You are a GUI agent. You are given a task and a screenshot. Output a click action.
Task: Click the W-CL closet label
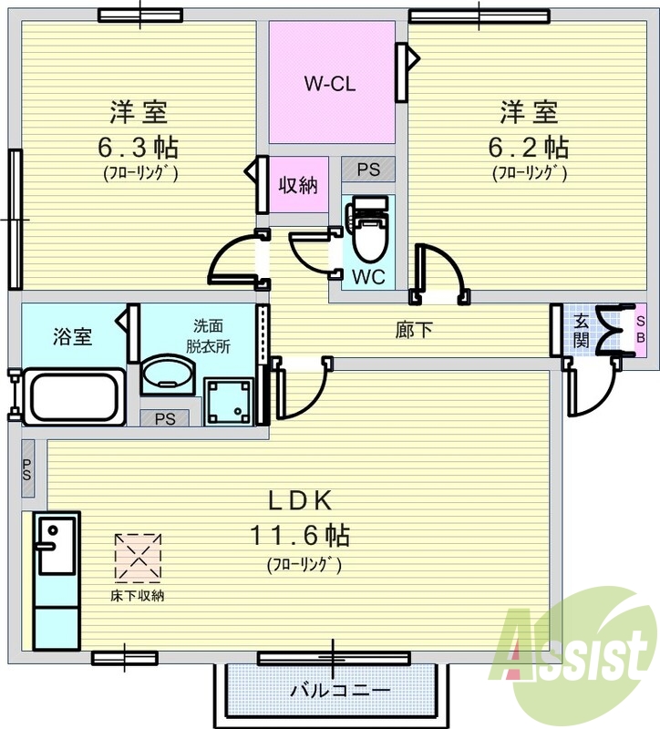pyautogui.click(x=329, y=84)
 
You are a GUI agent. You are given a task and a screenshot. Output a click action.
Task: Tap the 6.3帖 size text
pyautogui.click(x=139, y=146)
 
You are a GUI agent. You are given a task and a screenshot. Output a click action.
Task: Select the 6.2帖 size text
pyautogui.click(x=529, y=146)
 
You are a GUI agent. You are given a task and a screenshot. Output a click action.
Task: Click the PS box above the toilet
pyautogui.click(x=368, y=169)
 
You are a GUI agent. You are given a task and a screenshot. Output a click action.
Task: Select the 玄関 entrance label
pyautogui.click(x=581, y=329)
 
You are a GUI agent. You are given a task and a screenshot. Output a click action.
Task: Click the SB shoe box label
pyautogui.click(x=640, y=329)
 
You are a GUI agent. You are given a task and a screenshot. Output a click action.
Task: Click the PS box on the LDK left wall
pyautogui.click(x=27, y=469)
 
